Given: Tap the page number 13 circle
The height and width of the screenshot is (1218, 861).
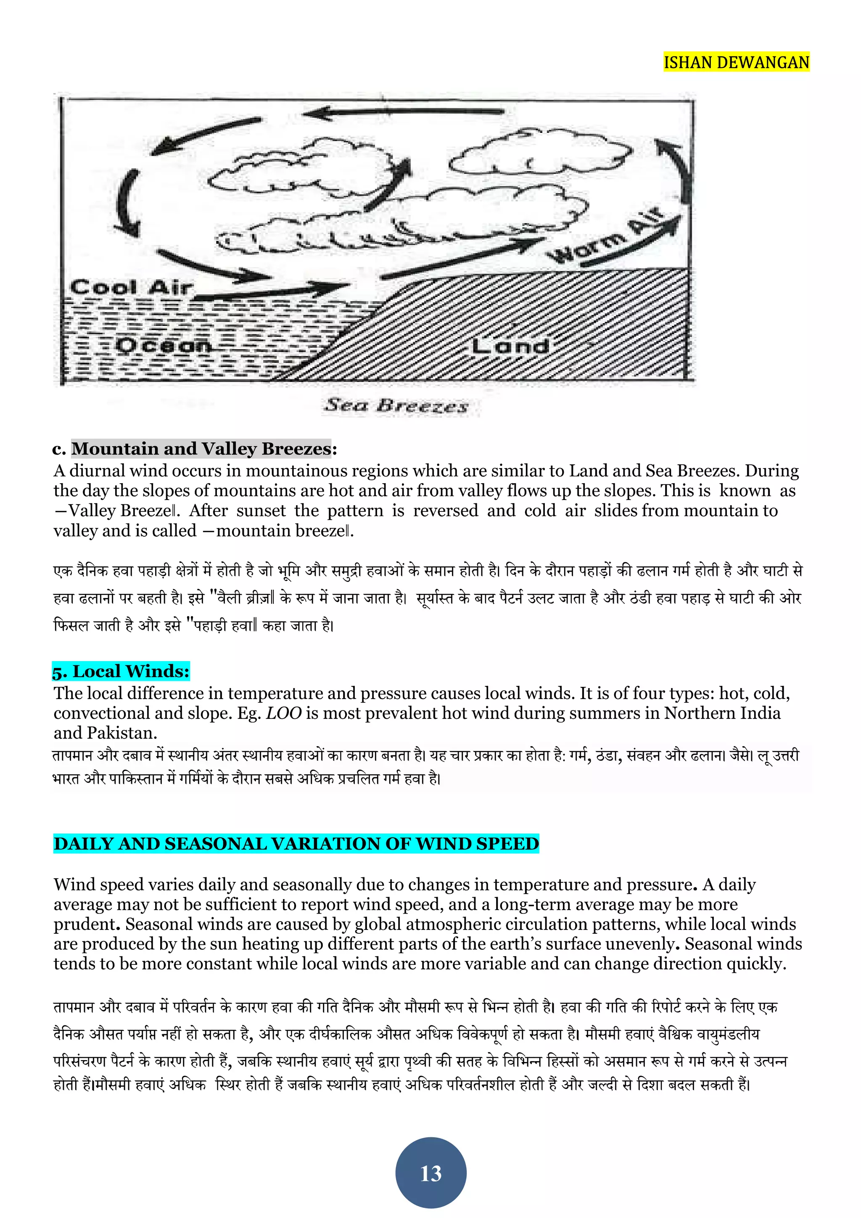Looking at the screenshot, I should point(430,1173).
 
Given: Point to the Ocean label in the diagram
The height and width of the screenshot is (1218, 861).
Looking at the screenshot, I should point(163,345).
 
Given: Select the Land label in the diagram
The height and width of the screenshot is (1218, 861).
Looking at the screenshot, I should point(510,347).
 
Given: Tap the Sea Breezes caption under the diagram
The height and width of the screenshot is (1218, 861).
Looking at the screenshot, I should point(396,406).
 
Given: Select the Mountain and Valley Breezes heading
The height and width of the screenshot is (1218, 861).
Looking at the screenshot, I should point(201,449).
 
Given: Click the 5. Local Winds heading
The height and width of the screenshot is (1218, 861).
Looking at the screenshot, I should point(121,671).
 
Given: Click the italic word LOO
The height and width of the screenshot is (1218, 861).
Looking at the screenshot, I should point(284,713).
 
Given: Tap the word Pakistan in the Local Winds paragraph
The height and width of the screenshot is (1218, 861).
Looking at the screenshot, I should point(121,733).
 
